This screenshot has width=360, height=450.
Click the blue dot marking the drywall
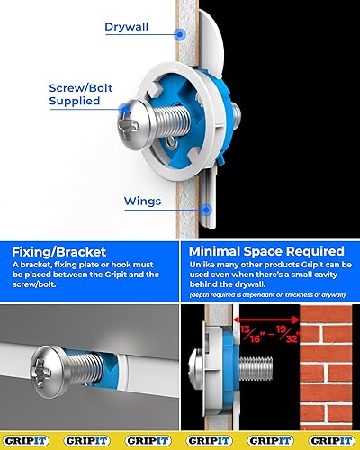(180, 34)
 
